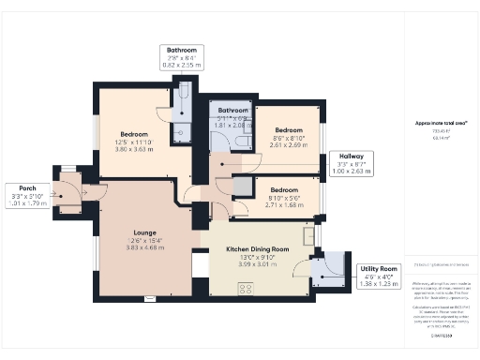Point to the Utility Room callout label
pyautogui.click(x=380, y=269)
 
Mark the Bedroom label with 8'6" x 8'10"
pyautogui.click(x=289, y=129)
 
